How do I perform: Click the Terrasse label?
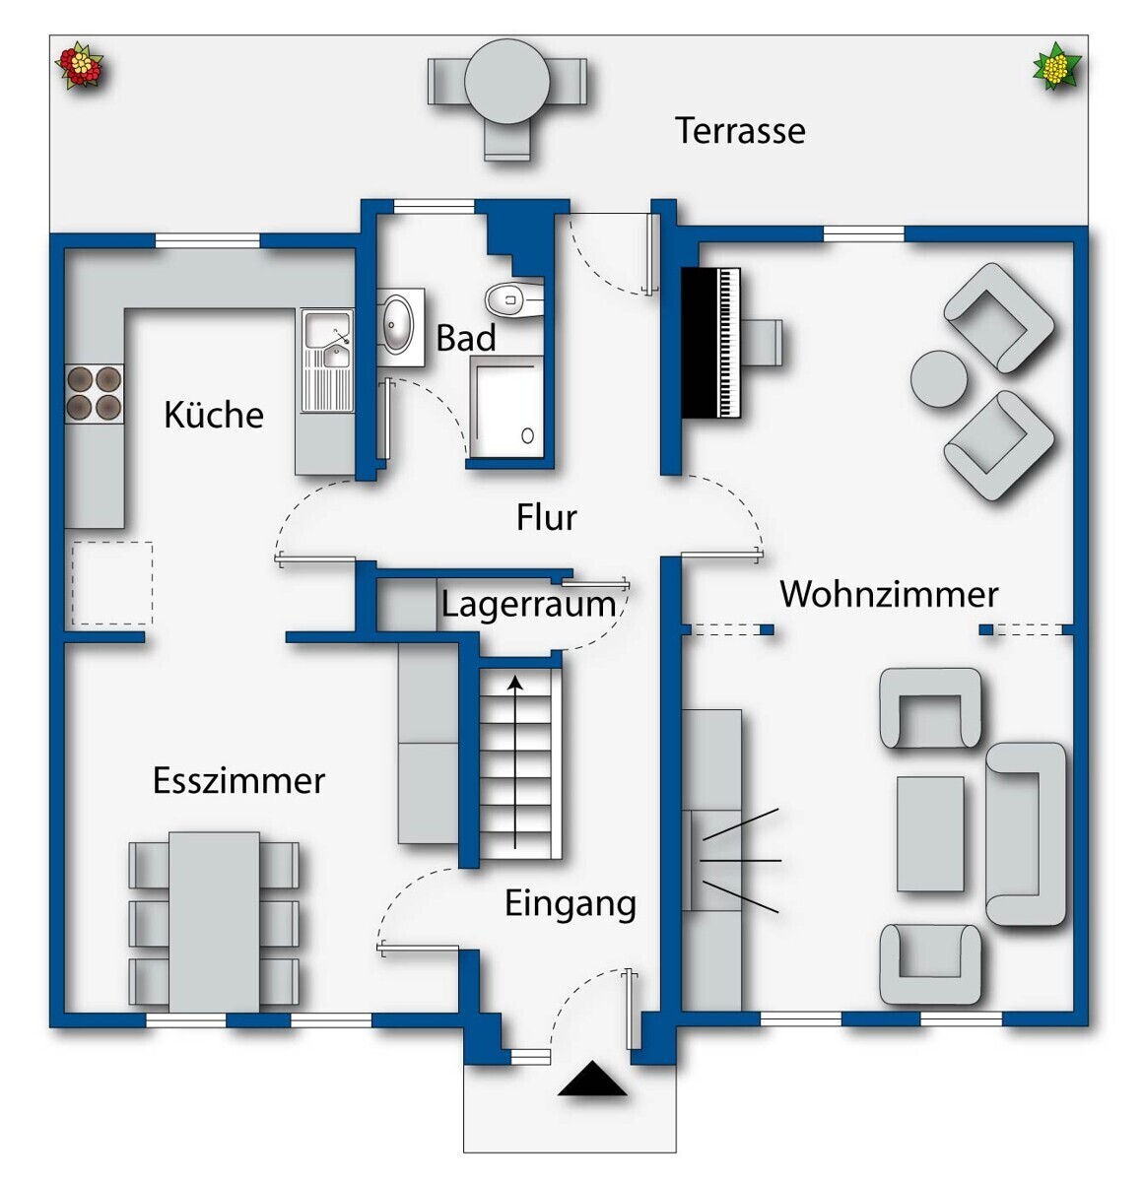[x=740, y=131]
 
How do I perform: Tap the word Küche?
[x=213, y=415]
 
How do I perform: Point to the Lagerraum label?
[x=528, y=605]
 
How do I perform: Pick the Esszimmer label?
[x=238, y=780]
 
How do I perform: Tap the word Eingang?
[x=570, y=905]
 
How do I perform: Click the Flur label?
[x=546, y=517]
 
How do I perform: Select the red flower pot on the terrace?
[x=80, y=65]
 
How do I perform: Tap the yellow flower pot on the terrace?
[x=1056, y=67]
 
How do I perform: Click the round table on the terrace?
[x=506, y=82]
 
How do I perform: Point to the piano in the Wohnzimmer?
[x=711, y=343]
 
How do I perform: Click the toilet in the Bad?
[x=513, y=299]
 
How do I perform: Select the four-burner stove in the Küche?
[x=95, y=394]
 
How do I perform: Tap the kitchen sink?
[x=327, y=361]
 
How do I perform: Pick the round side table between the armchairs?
[x=938, y=378]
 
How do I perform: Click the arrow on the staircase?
[x=515, y=761]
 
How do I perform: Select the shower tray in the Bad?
[x=506, y=407]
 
